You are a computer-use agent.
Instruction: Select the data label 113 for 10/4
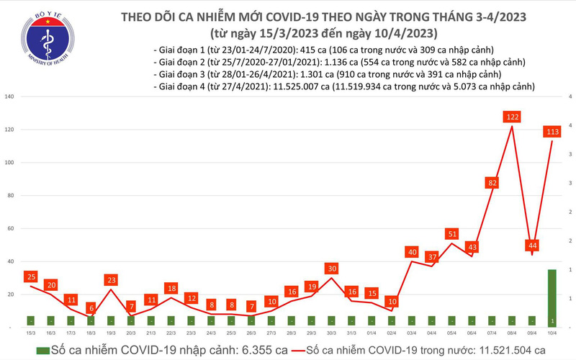(x=553, y=131)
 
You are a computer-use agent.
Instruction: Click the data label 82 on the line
(x=492, y=183)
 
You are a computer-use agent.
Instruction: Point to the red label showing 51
(x=452, y=233)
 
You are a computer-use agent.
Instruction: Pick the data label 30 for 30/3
(x=330, y=269)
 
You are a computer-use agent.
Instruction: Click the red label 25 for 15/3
(x=30, y=276)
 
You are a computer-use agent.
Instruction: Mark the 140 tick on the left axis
(x=9, y=96)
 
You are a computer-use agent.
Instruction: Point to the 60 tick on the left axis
(x=10, y=228)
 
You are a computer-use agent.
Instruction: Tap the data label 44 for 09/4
(x=532, y=246)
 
